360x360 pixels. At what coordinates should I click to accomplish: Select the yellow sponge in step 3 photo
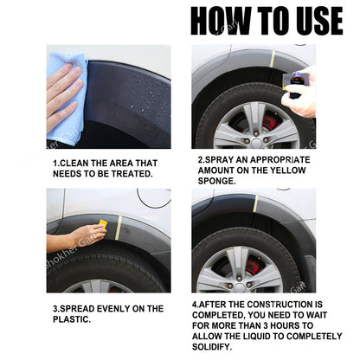tap(102, 227)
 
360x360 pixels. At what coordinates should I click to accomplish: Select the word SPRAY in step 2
tap(216, 160)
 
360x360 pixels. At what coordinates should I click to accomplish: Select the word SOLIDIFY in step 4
tap(216, 346)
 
